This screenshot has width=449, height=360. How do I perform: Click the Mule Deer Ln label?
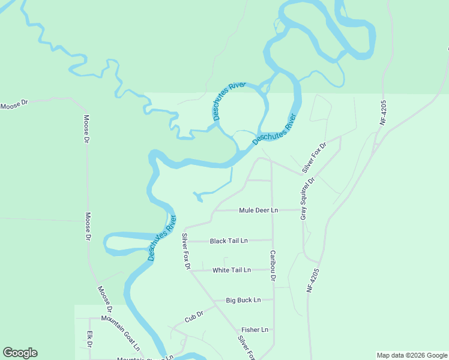(x=258, y=211)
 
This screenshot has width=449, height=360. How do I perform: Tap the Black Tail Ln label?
(x=229, y=241)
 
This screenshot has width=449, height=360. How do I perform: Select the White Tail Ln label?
(x=231, y=271)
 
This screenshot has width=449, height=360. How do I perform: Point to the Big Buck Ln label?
(x=243, y=300)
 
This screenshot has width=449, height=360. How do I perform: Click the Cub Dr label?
(x=194, y=316)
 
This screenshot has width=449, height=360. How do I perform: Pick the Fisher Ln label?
(x=255, y=330)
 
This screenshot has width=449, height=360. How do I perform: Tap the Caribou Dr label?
(x=273, y=266)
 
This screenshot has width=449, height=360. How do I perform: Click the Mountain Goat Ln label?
(x=121, y=333)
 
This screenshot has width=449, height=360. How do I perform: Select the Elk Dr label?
(x=89, y=339)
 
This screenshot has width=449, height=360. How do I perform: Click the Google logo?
(x=20, y=353)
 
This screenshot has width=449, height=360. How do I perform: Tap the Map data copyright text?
(x=412, y=355)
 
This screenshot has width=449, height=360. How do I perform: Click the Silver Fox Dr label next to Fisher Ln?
(x=247, y=347)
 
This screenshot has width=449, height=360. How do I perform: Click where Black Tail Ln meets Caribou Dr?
(x=273, y=241)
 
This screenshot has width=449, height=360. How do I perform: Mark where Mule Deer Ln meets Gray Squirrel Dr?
(x=302, y=211)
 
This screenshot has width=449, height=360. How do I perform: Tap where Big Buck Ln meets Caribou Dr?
(x=273, y=299)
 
